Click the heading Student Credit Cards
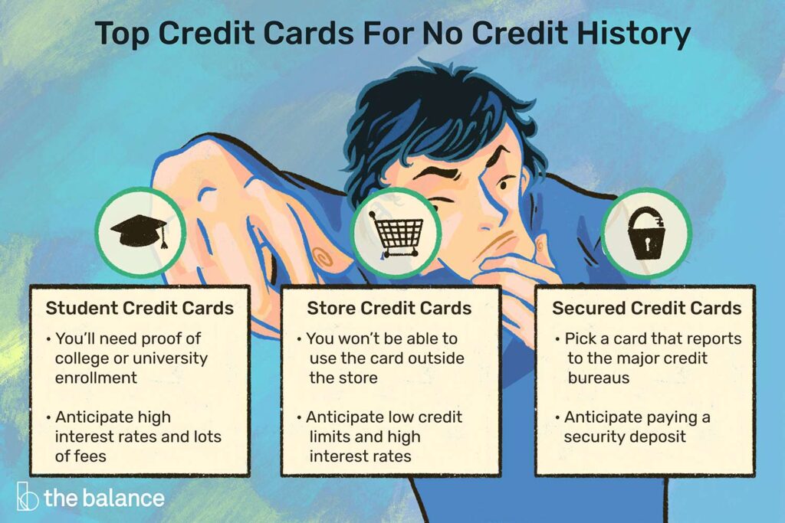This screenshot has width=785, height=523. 140,309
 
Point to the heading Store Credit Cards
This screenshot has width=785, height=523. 389,309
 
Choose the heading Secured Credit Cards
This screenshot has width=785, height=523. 647,309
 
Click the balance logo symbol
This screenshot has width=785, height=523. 27,498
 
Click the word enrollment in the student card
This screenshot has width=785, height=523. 96,377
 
